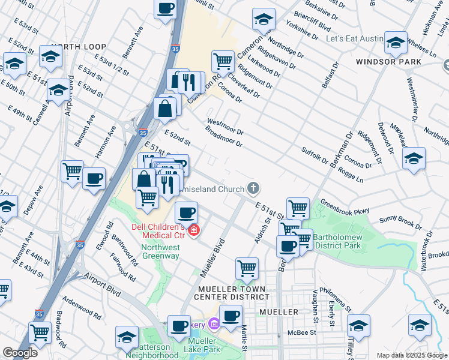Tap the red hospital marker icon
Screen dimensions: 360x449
click(194, 230)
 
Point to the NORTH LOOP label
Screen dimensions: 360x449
click(78, 47)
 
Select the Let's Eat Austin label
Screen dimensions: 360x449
click(354, 39)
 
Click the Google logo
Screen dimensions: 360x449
click(20, 353)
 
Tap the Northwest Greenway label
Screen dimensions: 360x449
click(160, 251)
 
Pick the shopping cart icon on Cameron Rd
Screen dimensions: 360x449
click(223, 61)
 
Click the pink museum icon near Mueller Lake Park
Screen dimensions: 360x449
click(214, 325)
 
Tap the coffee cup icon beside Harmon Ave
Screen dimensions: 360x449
click(94, 178)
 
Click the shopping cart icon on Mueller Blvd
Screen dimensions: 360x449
click(246, 268)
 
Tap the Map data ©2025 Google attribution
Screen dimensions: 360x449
click(412, 355)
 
